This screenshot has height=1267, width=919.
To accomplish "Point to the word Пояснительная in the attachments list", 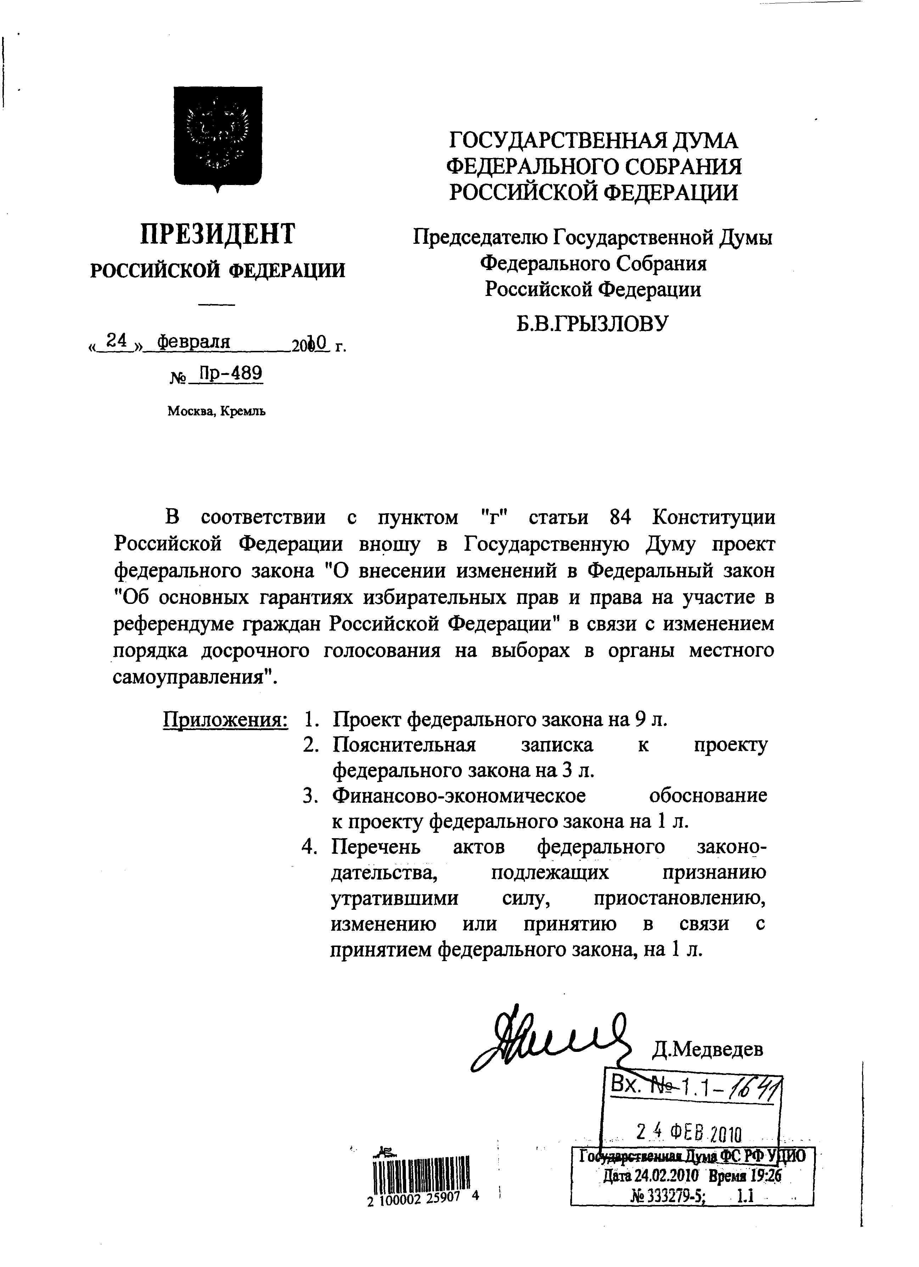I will click(x=404, y=745).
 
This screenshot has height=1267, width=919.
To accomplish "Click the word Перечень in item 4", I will click(x=375, y=847).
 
